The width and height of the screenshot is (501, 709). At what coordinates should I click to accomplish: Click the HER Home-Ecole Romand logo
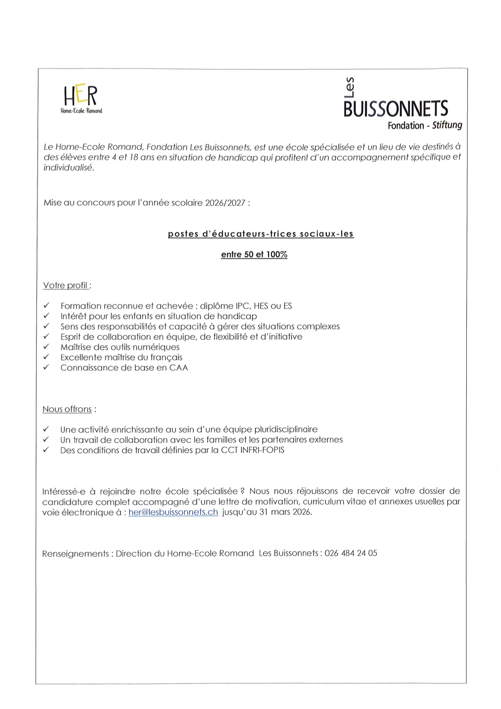(81, 99)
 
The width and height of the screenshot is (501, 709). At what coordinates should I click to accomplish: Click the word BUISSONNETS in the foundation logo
(395, 109)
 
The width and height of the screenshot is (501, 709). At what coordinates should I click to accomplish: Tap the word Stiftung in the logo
(447, 125)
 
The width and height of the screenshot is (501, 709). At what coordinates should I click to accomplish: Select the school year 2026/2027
(225, 203)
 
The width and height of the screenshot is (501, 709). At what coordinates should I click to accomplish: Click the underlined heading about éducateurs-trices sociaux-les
(261, 234)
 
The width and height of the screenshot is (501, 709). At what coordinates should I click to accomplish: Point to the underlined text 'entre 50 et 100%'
(254, 255)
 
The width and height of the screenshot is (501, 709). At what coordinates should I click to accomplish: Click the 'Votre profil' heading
(66, 285)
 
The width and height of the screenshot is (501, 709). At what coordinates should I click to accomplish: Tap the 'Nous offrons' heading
(67, 409)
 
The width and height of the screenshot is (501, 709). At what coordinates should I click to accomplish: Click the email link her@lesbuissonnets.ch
(173, 512)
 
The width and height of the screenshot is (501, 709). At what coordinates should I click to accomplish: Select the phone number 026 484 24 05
(351, 553)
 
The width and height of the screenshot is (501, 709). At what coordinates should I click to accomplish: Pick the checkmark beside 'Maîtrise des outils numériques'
(47, 347)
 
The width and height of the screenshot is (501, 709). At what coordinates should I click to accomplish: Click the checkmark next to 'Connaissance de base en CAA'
(47, 367)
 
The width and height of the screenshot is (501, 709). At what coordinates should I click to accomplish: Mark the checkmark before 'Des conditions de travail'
(46, 450)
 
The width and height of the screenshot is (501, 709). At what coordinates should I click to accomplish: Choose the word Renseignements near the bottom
(75, 554)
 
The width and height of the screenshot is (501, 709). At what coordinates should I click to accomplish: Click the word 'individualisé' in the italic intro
(68, 168)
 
